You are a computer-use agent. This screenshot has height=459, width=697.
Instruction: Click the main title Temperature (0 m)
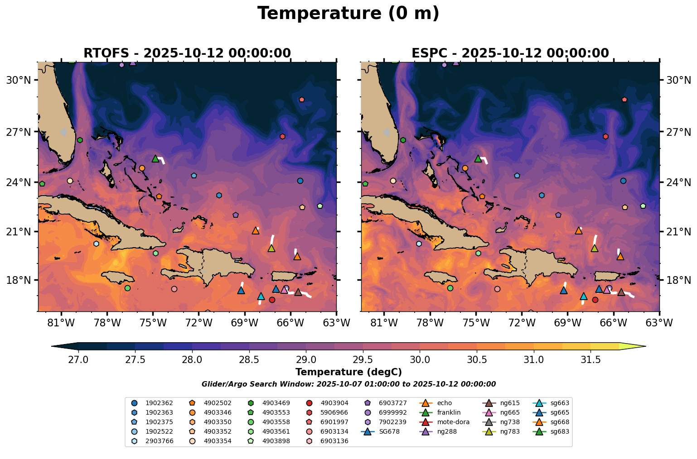[348, 14]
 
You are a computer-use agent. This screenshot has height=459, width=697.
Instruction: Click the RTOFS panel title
[187, 53]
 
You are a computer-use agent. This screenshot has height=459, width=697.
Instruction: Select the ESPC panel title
[510, 53]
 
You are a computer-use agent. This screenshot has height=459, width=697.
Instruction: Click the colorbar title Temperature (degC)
[348, 372]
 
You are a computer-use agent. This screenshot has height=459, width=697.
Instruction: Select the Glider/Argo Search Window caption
[348, 384]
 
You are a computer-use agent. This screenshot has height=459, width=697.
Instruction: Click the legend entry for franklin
[449, 412]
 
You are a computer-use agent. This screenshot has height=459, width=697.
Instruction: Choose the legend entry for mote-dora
[453, 422]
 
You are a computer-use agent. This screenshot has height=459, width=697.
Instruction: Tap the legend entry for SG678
[388, 431]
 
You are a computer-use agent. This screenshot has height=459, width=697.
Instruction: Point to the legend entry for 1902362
[159, 403]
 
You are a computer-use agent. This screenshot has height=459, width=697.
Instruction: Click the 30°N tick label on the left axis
[19, 81]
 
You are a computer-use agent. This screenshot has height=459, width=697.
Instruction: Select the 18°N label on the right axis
[678, 280]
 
